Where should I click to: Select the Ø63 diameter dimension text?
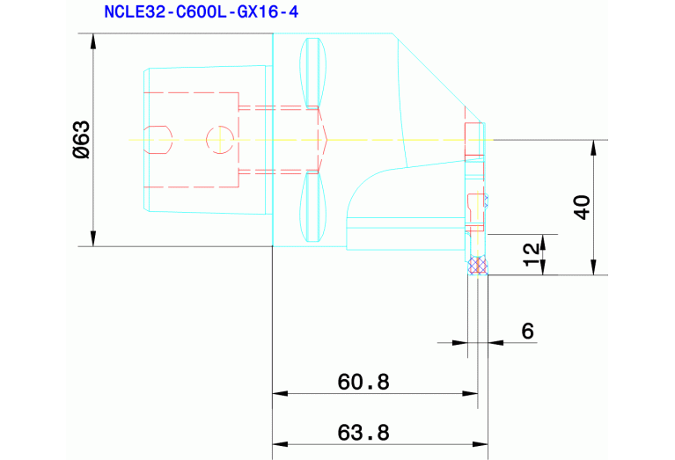(81, 141)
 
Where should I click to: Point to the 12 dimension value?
(530, 254)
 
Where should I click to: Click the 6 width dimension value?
(527, 331)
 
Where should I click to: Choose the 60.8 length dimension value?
(363, 382)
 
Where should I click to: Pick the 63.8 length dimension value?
(363, 433)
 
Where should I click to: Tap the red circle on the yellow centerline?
(218, 139)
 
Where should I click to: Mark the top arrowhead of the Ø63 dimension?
(92, 40)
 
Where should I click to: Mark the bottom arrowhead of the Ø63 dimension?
(92, 239)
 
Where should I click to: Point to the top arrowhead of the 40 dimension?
(594, 147)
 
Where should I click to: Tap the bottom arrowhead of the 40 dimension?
(594, 268)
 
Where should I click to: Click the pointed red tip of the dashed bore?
(326, 139)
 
